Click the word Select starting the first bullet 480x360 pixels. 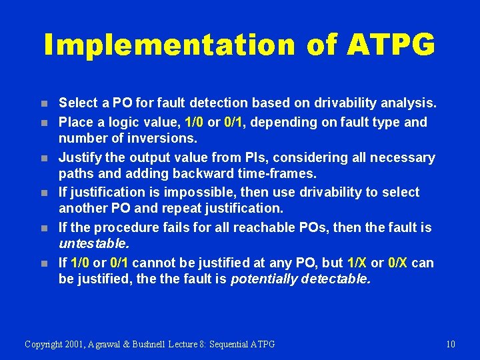[x=78, y=103]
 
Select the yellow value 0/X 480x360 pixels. [x=397, y=263]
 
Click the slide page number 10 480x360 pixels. [x=450, y=344]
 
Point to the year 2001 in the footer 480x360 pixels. [x=81, y=344]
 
